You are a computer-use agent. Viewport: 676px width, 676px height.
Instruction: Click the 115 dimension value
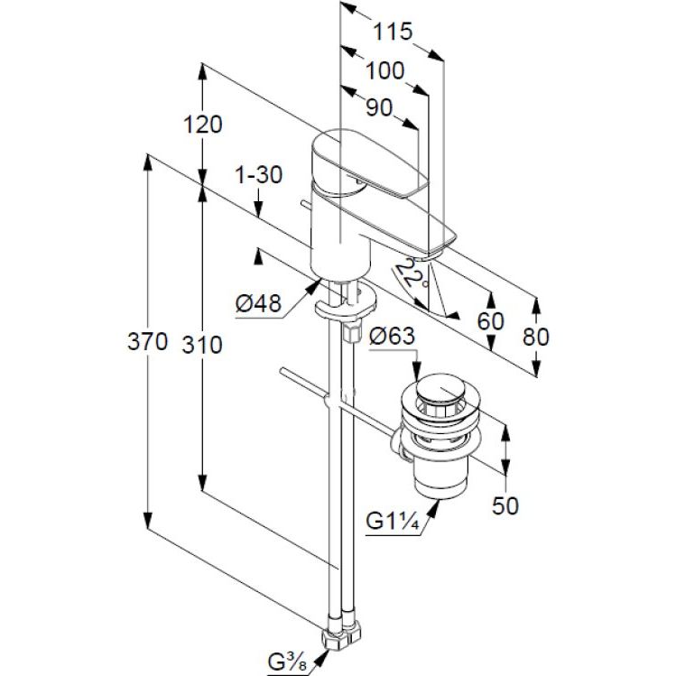coord(394,32)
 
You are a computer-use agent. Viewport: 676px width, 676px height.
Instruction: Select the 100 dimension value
coord(385,70)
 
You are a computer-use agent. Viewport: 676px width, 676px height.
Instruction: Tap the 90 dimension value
coord(379,107)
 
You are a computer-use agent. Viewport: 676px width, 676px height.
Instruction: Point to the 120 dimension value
coord(201,125)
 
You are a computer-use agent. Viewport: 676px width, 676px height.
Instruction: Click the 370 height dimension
coord(147,342)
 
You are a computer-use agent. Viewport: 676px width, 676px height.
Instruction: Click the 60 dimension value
coord(488,322)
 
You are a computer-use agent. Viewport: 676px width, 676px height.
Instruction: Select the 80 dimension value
coord(535,336)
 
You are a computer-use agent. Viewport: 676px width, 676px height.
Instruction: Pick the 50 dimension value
coord(506,505)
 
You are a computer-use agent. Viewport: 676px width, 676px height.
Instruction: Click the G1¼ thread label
coord(392,522)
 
